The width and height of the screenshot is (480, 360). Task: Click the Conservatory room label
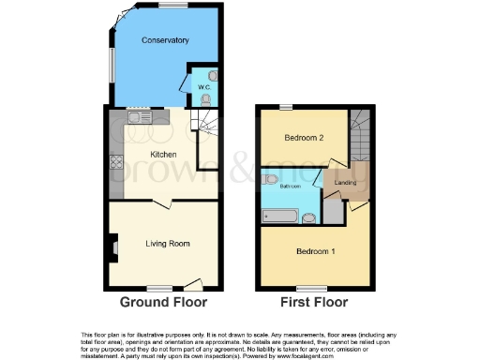[x=165, y=40]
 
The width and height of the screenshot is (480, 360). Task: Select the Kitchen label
[x=164, y=153]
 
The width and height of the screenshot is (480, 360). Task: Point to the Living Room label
[x=168, y=244]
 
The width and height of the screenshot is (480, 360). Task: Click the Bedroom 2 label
[x=305, y=138]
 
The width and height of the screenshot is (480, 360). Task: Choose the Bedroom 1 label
[x=315, y=252]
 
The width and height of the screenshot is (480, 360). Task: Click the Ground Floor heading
[x=162, y=303]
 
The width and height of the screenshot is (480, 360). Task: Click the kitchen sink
[x=136, y=118]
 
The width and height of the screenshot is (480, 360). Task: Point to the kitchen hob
[x=116, y=160]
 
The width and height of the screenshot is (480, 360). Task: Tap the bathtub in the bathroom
[x=282, y=218]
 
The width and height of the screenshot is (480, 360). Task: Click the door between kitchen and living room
[x=162, y=202]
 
